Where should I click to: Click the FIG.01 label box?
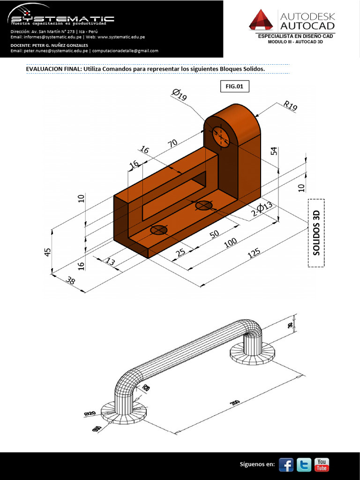tap(234, 86)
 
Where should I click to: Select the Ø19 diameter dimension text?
tap(180, 95)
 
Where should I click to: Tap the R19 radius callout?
tap(290, 105)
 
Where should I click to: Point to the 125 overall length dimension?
tap(254, 254)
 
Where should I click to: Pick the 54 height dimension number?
tap(274, 151)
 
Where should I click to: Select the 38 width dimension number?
tap(71, 281)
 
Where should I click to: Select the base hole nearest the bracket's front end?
tap(159, 230)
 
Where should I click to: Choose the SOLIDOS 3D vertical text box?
tap(316, 232)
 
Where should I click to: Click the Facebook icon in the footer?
tap(286, 464)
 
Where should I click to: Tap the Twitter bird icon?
tap(304, 464)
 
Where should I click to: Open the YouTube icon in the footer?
tap(322, 464)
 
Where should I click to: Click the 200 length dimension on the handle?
tap(234, 403)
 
